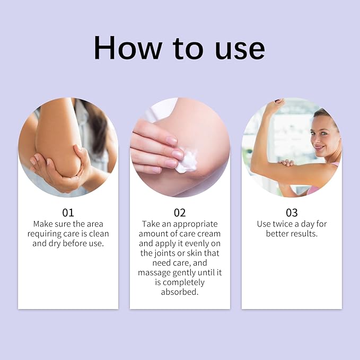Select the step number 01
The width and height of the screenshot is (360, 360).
(x=68, y=213)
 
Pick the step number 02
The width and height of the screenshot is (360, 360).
(x=180, y=213)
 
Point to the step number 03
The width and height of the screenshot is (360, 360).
(x=292, y=213)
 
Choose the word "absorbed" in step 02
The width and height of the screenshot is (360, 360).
(x=180, y=292)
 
